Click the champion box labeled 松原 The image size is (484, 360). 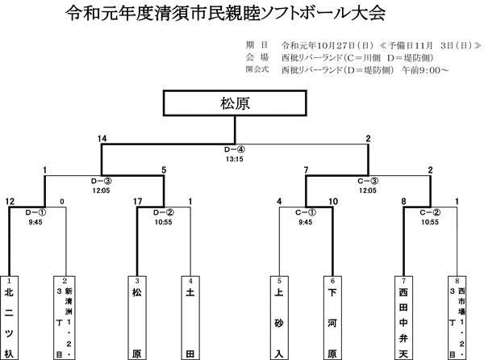(235, 103)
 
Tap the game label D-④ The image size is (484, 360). (235, 149)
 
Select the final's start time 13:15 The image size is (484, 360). (235, 159)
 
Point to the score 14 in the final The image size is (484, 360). (102, 139)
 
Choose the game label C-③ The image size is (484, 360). (368, 181)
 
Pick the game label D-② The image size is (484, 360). (164, 211)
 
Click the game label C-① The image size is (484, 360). (303, 211)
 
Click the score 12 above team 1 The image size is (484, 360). (10, 201)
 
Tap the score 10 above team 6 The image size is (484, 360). (332, 201)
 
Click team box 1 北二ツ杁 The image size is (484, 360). (10, 319)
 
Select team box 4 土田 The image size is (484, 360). (190, 319)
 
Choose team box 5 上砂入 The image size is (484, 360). (278, 319)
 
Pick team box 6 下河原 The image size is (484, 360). (331, 319)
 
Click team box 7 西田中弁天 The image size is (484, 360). (403, 319)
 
